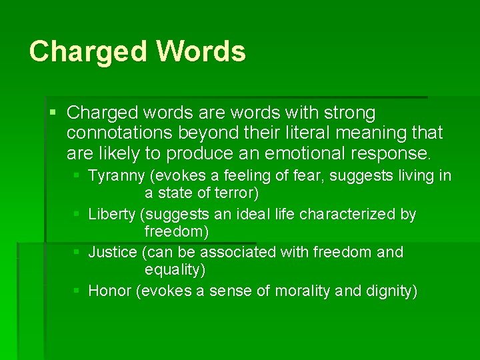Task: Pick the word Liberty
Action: click(111, 214)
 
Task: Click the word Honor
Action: click(109, 291)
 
